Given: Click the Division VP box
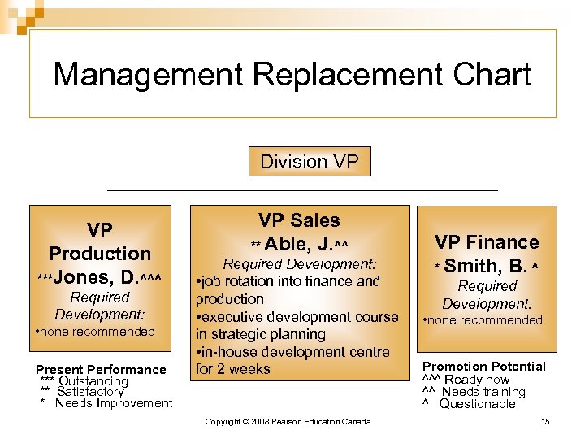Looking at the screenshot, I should (309, 162).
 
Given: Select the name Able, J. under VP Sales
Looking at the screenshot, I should (304, 243).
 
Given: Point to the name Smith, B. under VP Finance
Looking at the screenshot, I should (485, 265).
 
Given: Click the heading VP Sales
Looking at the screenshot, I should (299, 220).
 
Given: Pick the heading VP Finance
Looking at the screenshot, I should (487, 242).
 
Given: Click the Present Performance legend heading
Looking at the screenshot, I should (101, 369).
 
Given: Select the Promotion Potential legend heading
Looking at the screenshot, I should (484, 367).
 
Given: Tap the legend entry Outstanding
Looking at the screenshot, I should (93, 381).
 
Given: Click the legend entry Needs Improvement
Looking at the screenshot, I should (113, 403).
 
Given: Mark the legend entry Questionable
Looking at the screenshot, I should (477, 404).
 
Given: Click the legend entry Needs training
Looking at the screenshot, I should (483, 392).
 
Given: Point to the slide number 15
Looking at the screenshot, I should (544, 421).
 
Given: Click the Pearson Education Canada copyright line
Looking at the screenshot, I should (288, 421).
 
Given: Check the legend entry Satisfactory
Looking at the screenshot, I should (89, 392).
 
